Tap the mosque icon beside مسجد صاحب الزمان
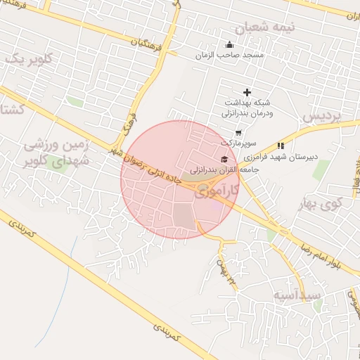pos(229,45)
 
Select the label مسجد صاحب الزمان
pos(229,54)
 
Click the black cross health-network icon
pos(247,92)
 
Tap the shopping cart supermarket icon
pos(238,133)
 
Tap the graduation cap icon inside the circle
pos(224,158)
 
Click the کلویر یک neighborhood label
pos(26,59)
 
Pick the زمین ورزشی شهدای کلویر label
pos(53,154)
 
